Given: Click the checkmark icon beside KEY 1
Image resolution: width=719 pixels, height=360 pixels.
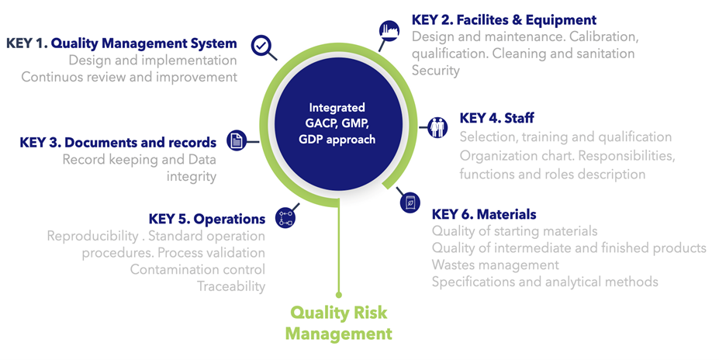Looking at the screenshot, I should (262, 47).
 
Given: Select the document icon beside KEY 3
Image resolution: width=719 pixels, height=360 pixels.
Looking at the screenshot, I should (236, 140).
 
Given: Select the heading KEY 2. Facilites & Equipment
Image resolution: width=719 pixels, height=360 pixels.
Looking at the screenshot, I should (504, 20).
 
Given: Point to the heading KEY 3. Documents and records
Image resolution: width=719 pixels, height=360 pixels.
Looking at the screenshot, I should (118, 143).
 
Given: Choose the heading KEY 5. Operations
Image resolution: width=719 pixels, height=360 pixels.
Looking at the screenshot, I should (206, 219).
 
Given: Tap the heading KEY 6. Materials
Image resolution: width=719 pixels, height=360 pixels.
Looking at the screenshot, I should (484, 214).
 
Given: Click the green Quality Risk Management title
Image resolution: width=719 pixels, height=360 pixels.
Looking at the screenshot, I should (338, 323).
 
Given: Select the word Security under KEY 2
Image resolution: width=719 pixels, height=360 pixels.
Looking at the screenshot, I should (436, 71).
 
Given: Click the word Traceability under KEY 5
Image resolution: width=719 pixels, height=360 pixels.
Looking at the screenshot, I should (230, 286).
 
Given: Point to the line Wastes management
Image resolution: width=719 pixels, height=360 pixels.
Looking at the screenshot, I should (495, 265).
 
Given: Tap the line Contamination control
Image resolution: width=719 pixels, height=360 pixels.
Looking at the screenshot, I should (197, 269).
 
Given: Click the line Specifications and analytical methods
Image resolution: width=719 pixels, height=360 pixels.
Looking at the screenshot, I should (544, 282).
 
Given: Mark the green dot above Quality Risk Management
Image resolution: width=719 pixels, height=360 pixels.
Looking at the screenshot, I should (338, 294).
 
